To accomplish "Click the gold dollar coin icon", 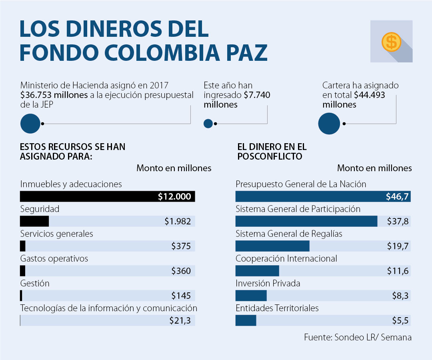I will click(391, 42).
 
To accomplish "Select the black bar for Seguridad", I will click(34, 221).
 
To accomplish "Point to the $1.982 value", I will click(178, 221).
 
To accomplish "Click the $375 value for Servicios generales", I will click(181, 246).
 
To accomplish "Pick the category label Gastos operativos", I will click(54, 258).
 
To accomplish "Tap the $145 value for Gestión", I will click(181, 296).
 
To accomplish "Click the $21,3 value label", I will click(180, 320).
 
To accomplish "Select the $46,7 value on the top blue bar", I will click(397, 196).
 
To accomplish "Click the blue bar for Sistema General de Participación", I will click(306, 221).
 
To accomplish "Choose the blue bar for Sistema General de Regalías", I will click(272, 246).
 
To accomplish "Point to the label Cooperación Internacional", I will click(286, 258).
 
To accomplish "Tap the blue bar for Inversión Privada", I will click(251, 296).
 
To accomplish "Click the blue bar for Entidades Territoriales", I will click(246, 320).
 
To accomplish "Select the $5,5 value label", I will click(400, 320).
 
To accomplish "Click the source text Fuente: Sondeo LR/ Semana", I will click(358, 337).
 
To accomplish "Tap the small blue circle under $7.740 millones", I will click(208, 124).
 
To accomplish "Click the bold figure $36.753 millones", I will click(54, 95).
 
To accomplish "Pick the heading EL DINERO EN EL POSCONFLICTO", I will click(272, 152).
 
